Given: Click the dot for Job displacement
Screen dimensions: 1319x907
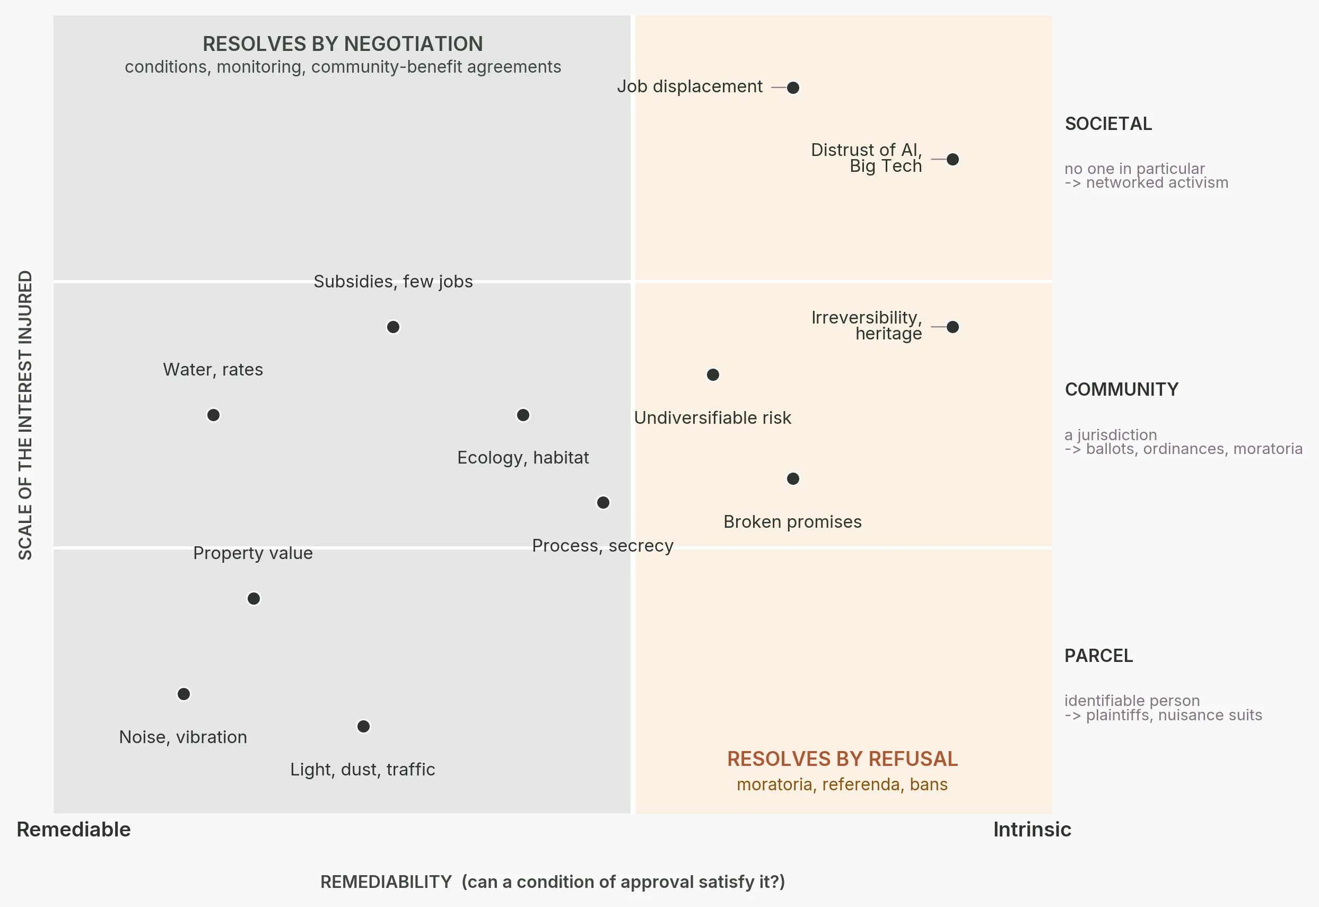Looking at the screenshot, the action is point(793,88).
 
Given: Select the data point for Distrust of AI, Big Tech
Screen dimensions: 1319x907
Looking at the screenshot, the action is point(953,159).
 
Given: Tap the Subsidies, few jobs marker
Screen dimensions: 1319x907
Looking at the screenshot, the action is point(392,327).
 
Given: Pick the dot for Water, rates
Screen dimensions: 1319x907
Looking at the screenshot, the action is point(213,415).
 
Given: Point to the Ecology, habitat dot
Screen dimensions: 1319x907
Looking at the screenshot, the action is point(523,415).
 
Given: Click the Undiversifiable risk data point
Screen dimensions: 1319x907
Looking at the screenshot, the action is point(713,374).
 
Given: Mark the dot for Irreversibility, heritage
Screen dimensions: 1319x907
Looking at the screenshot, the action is point(953,327).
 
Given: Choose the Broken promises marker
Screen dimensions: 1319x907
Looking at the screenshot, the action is point(793,478).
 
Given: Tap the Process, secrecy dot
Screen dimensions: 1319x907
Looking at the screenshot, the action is point(603,502).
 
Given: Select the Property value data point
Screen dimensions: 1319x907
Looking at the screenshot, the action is point(254,598).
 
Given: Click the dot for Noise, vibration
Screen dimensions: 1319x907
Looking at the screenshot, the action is point(183,694).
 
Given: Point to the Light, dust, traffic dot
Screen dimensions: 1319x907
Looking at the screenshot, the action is point(363,726).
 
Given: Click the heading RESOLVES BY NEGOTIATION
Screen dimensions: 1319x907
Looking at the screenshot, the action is point(343,43).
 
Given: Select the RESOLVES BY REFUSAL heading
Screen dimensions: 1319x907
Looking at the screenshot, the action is point(842,758).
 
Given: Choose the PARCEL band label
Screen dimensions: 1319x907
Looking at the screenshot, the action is point(1098,655).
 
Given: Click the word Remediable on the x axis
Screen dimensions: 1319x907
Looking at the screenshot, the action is point(74,830).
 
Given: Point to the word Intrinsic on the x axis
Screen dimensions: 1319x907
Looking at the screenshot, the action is point(1032,830).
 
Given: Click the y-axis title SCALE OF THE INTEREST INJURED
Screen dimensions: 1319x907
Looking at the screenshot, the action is point(25,415).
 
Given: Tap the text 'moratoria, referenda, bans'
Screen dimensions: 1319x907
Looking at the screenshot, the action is point(842,784).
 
